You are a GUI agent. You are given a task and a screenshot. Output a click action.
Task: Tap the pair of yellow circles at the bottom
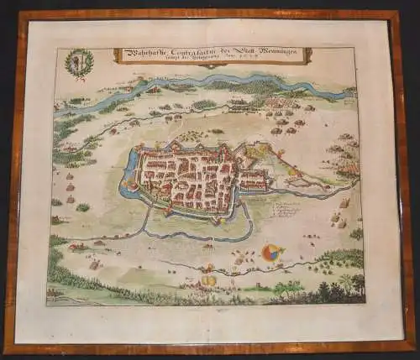(207, 280)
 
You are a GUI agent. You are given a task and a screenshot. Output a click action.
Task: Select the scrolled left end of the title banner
(118, 55)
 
